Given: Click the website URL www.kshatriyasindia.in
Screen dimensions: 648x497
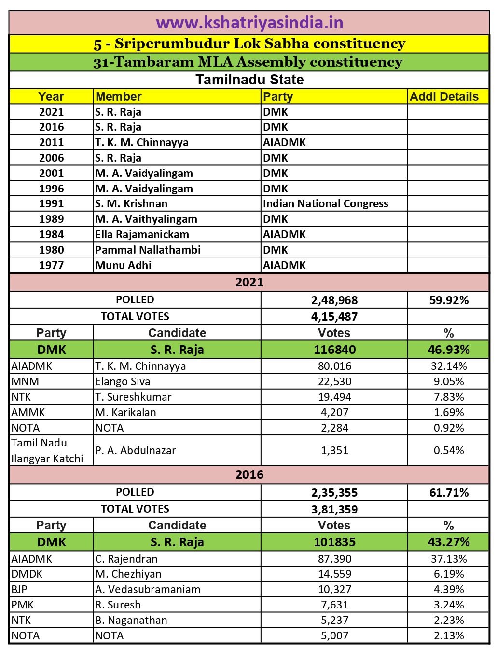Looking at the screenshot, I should point(249,23).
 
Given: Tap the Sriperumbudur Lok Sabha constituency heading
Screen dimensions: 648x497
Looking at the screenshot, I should point(249,44).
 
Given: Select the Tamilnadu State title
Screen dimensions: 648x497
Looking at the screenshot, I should point(249,80).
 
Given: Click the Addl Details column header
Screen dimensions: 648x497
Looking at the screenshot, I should point(444,96).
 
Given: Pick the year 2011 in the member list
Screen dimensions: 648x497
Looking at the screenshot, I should point(51,142).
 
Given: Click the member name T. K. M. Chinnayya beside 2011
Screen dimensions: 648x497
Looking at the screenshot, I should point(142,142).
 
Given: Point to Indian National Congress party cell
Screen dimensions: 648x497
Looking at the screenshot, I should point(325,203).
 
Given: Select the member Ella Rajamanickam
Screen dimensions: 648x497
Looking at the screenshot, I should point(142,234).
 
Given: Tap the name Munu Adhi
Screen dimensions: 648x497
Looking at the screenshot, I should point(124,265).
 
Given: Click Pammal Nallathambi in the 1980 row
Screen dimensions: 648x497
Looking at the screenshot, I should point(148,250).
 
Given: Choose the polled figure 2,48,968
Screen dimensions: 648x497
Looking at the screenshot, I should point(334,300).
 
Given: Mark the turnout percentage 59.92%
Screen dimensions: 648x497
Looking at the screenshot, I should point(449,300).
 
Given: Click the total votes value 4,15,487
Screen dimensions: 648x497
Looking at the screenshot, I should point(334,317).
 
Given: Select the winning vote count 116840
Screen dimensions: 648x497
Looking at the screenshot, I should point(334,350).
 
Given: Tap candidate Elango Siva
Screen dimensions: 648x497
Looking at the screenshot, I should point(123,381).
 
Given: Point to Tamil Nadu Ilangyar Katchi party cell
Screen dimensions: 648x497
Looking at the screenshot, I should point(47,450).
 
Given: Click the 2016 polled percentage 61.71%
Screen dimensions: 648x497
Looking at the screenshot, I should point(449,493).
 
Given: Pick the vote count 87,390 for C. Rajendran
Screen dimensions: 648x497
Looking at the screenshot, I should point(334,559).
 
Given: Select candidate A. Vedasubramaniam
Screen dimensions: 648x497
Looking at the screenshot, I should point(148,589).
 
